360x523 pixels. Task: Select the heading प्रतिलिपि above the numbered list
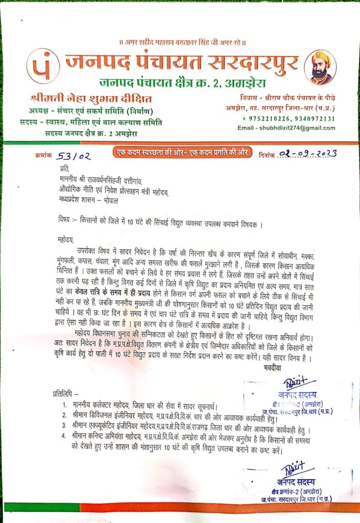point(65,394)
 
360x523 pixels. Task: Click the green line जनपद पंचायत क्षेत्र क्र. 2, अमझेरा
point(181,82)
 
